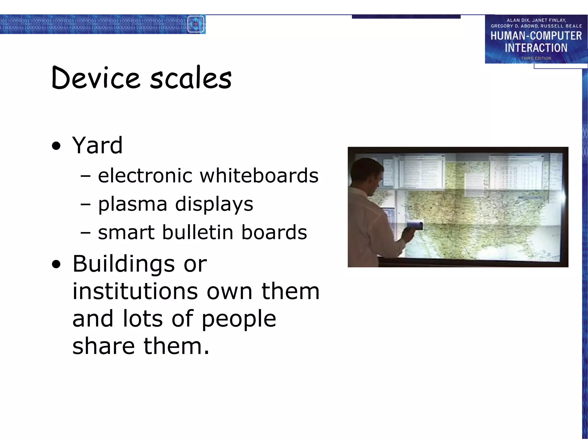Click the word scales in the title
(191, 78)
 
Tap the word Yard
(97, 145)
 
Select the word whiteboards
(259, 175)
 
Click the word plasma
(133, 204)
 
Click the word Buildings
(123, 264)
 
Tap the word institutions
(135, 291)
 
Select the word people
(239, 319)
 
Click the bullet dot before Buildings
(57, 264)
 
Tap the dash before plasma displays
(86, 204)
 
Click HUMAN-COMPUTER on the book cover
(536, 36)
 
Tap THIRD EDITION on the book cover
(536, 58)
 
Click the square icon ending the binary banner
(196, 24)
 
